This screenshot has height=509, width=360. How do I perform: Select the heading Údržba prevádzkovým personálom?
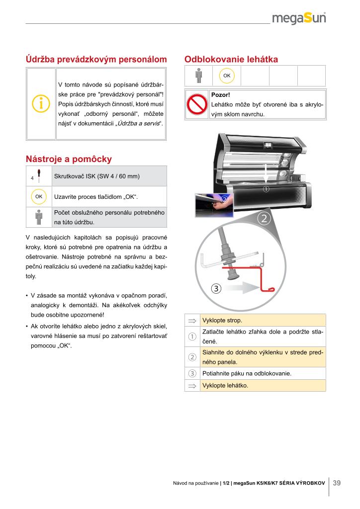click(x=96, y=60)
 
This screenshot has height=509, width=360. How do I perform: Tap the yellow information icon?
click(x=40, y=104)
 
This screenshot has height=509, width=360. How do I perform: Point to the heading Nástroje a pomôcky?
click(x=69, y=159)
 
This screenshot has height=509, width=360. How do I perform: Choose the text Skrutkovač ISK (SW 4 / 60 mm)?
click(x=97, y=176)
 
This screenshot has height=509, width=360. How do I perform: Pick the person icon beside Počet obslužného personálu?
click(x=39, y=217)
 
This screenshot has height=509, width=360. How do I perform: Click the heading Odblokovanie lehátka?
click(x=231, y=60)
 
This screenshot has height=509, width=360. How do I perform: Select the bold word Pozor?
click(x=220, y=94)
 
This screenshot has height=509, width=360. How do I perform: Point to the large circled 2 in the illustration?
click(x=264, y=218)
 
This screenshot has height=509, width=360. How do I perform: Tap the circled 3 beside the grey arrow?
click(x=216, y=288)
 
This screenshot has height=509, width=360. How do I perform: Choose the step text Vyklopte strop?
click(x=222, y=320)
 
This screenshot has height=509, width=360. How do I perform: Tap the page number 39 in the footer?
click(x=337, y=483)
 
